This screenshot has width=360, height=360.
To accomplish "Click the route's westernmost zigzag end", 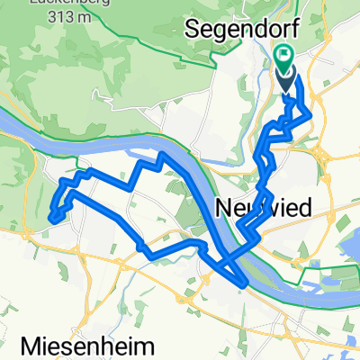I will click(x=52, y=216).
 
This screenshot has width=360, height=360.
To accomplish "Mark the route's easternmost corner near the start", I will click(x=311, y=114).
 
